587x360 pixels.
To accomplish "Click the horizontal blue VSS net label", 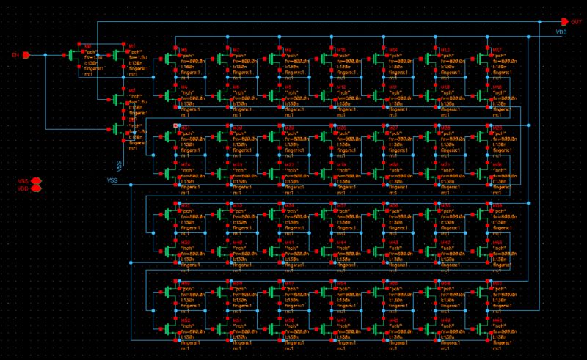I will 112,180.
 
